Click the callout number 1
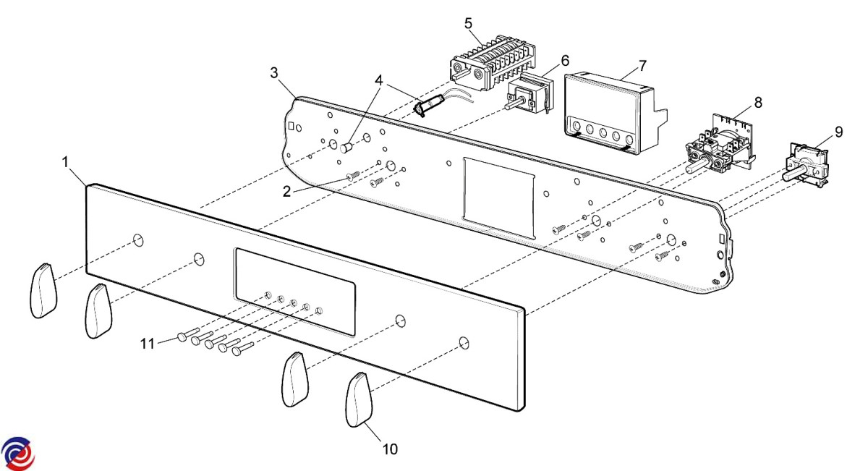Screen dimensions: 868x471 point(66,162)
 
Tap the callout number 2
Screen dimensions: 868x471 point(286,192)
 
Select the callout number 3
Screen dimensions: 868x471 point(274,72)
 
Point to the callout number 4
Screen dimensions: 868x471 point(378,80)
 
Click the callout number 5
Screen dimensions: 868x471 point(469,24)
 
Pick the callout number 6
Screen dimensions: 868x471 point(566,61)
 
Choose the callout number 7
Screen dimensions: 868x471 point(643,66)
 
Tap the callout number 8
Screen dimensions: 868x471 point(758,102)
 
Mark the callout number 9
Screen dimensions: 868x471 point(838,132)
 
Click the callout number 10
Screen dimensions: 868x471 point(390,449)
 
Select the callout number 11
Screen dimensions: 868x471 point(148,344)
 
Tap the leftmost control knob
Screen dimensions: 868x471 point(43,290)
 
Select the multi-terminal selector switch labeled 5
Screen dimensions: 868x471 point(493,63)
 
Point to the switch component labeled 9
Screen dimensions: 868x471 point(805,166)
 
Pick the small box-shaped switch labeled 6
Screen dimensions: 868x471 point(529,94)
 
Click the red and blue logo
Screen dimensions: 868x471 point(18,454)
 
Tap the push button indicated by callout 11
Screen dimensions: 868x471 point(188,334)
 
